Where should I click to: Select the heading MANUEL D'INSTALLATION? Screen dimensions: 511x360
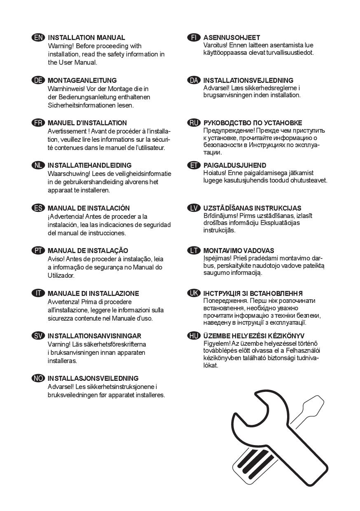(87, 123)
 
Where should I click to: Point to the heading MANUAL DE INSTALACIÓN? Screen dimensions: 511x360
(89, 208)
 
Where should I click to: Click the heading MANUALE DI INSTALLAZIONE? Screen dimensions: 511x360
(93, 293)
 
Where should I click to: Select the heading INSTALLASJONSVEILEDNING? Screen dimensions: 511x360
(93, 378)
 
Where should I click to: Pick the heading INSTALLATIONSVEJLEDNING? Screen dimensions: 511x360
(248, 80)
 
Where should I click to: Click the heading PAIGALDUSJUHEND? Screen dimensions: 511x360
(235, 165)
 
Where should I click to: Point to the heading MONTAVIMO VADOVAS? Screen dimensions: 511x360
(238, 251)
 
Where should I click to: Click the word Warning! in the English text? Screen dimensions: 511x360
(61, 46)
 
